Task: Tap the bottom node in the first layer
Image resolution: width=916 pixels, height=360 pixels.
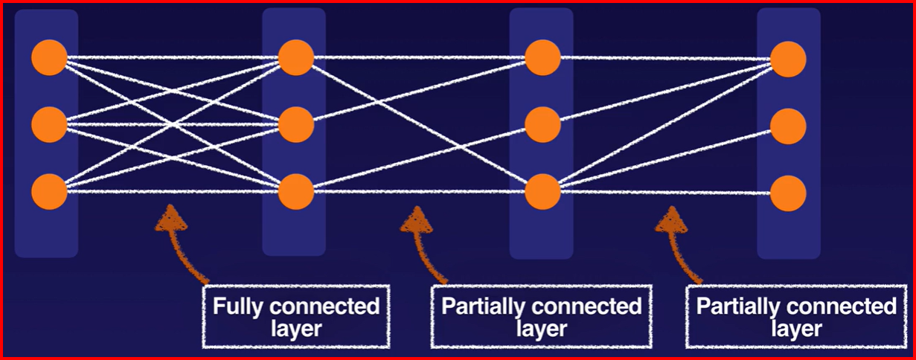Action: (x=50, y=191)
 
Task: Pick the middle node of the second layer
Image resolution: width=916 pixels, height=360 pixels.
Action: (x=296, y=124)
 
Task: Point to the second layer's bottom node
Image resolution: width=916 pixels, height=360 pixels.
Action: (x=296, y=192)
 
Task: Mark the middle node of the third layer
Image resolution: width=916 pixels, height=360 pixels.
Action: (x=542, y=124)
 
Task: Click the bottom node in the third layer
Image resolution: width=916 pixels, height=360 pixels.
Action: (x=542, y=192)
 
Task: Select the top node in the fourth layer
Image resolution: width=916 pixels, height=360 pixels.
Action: (x=789, y=58)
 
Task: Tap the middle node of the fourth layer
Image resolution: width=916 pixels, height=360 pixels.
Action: (x=789, y=126)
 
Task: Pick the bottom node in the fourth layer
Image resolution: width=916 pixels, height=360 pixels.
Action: (x=789, y=193)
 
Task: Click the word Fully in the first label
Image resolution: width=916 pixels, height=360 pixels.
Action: (x=237, y=306)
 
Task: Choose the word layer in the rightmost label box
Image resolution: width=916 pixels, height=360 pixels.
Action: (x=796, y=328)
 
